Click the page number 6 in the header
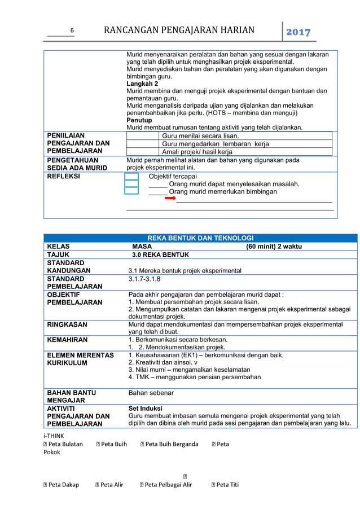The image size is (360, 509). point(72,31)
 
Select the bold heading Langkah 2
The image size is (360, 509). point(142,84)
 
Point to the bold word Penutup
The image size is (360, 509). point(139,120)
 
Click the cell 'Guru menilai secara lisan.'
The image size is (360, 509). point(200,136)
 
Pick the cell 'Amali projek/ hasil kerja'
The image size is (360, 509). point(197,152)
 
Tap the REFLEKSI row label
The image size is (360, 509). point(64,176)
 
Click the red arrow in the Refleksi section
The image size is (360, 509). point(170,199)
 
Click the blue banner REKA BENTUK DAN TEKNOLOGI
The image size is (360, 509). point(200,238)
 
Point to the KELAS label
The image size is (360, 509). point(59,247)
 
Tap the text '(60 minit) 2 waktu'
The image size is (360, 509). point(274,247)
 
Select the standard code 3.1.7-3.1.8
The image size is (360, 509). point(144,279)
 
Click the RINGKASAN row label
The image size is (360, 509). point(67,325)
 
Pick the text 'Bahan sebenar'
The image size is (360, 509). point(151,392)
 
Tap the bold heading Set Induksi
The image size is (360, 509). point(146,408)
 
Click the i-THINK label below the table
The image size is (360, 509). point(54,436)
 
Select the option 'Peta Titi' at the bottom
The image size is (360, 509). point(227,484)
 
